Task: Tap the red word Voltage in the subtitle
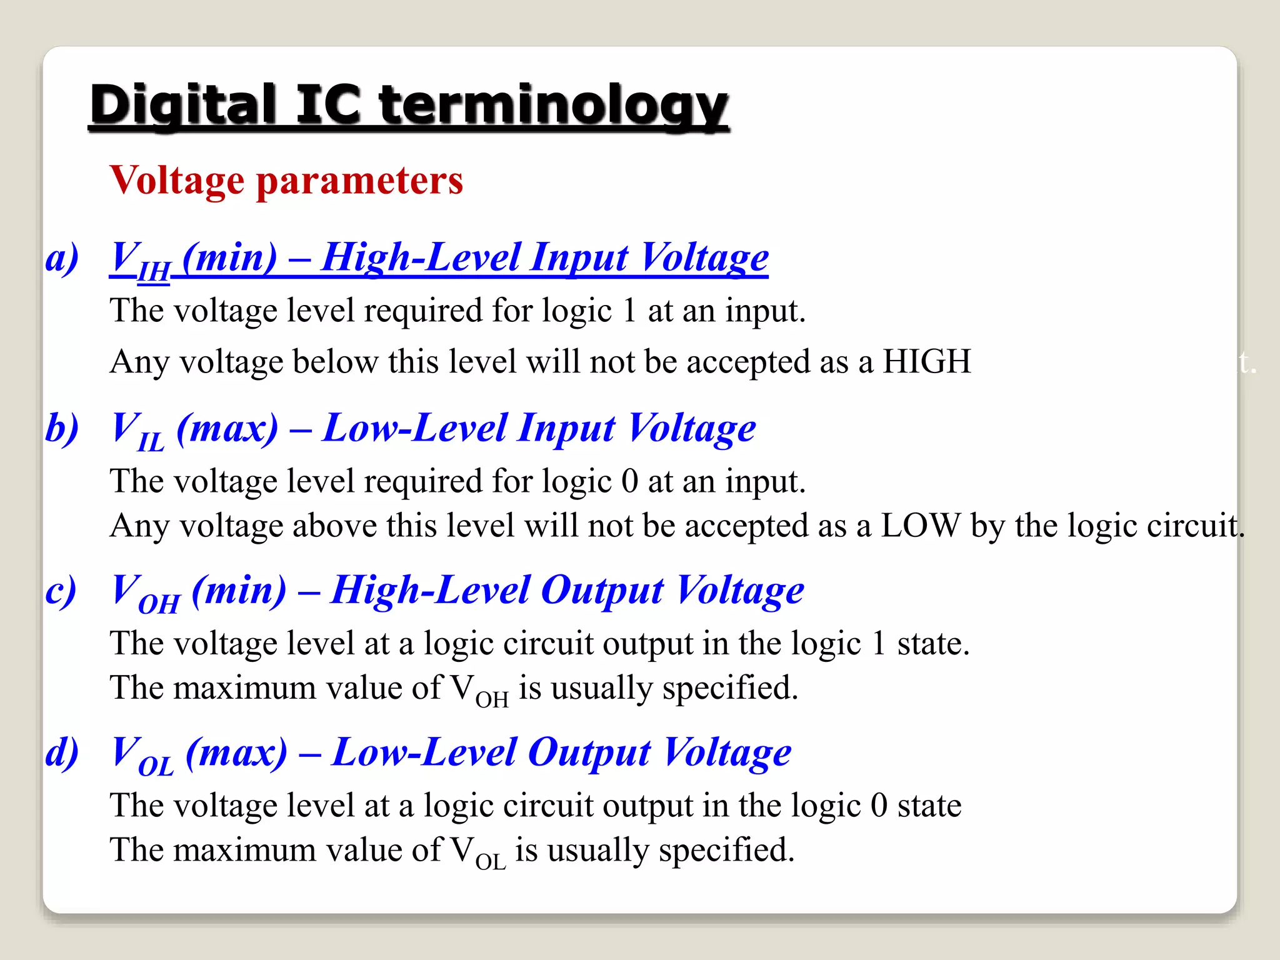click(177, 181)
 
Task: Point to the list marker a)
click(62, 257)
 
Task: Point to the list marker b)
click(62, 428)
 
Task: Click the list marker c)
click(61, 590)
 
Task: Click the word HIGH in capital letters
click(926, 361)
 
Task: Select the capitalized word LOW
click(920, 526)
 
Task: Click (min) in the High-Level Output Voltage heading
click(239, 590)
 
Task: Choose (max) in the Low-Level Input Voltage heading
click(227, 428)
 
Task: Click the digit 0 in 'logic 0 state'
click(879, 805)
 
